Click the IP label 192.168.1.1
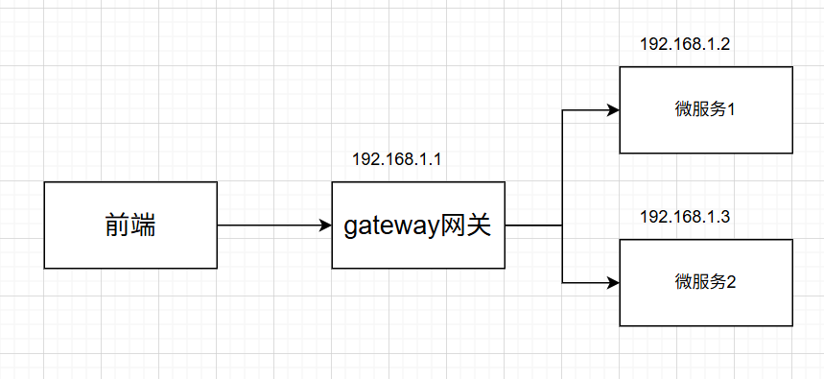tap(397, 158)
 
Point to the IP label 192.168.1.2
tap(685, 43)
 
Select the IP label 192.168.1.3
tap(685, 217)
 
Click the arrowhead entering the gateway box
tap(325, 225)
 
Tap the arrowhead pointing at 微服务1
tap(613, 110)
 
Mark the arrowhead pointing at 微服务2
tap(613, 283)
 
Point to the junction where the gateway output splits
tap(562, 225)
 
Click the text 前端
tap(130, 226)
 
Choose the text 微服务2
tap(705, 283)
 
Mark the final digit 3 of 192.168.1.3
tap(726, 217)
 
